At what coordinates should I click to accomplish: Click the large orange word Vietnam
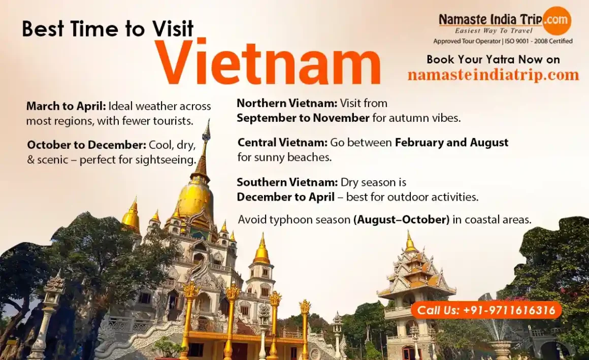click(x=269, y=62)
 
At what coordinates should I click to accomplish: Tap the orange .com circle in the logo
click(x=557, y=19)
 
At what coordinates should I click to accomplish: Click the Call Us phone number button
click(x=486, y=310)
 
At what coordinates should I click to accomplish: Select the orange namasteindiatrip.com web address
click(x=493, y=75)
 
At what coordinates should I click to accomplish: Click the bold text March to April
click(x=66, y=106)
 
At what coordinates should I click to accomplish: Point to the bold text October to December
click(x=86, y=145)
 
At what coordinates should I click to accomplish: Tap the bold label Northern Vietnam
click(x=287, y=103)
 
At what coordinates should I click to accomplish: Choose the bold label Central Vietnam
click(x=282, y=142)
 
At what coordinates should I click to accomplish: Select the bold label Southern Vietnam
click(x=287, y=182)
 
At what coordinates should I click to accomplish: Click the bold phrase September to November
click(x=303, y=118)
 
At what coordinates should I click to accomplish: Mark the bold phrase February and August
click(x=451, y=142)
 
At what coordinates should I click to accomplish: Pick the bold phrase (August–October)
click(x=401, y=219)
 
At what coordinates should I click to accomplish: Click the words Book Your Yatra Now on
click(x=493, y=59)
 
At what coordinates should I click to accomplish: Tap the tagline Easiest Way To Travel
click(x=494, y=31)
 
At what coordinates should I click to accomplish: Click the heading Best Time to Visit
click(x=108, y=28)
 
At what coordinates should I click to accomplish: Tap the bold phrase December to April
click(x=285, y=197)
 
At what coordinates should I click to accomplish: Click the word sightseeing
click(x=166, y=160)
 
